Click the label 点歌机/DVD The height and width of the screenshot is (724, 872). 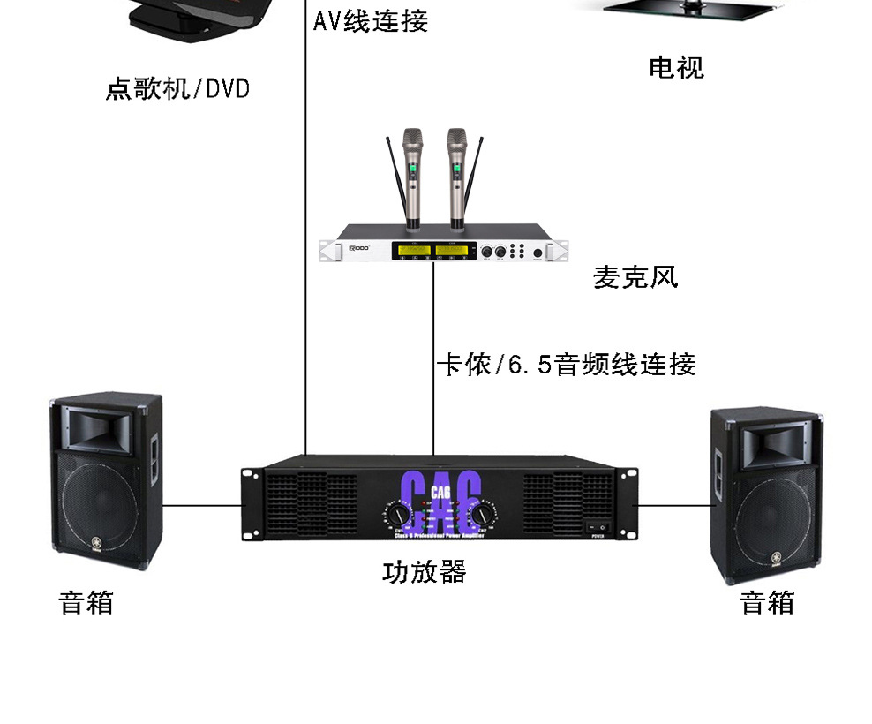177,89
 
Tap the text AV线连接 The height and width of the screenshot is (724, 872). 371,20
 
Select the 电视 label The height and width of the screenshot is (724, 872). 676,67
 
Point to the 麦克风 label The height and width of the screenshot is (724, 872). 635,277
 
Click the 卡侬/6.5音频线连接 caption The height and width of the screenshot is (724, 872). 567,364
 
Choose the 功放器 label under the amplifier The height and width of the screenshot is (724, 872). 424,571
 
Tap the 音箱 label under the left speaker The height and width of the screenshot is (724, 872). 86,603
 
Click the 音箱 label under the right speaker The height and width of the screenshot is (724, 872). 767,603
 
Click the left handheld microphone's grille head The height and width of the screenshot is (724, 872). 412,139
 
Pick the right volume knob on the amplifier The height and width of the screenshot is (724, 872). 483,514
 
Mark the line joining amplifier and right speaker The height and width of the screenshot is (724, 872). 675,506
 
